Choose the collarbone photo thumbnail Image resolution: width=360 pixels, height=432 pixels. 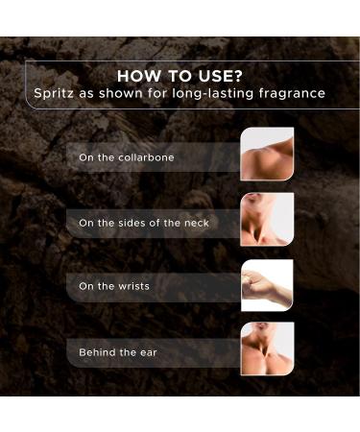click(267, 155)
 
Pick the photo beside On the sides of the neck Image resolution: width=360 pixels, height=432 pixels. click(267, 220)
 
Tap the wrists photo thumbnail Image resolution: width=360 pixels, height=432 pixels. click(267, 285)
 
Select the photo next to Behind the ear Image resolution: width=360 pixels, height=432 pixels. click(267, 349)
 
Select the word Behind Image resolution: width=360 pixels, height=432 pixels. click(97, 352)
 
